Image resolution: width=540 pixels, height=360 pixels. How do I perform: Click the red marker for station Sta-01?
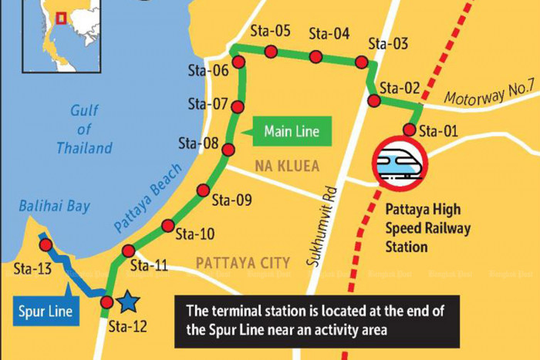point(410,129)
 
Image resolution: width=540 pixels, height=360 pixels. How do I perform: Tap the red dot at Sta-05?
point(271,51)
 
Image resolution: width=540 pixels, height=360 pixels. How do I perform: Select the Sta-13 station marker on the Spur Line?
point(46,245)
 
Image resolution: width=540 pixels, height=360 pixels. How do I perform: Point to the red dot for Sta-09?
point(203,190)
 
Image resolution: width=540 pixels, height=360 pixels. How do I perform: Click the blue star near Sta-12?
point(128,300)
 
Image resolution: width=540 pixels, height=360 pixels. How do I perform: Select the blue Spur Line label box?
point(46,311)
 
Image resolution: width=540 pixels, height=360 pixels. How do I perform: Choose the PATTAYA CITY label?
point(242,263)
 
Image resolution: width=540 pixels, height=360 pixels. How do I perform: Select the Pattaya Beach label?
point(149,197)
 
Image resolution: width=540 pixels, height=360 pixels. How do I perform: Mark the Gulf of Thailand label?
point(84,129)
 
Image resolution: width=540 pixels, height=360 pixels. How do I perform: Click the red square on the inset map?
point(60,16)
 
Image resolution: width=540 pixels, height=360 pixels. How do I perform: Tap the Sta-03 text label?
point(388,44)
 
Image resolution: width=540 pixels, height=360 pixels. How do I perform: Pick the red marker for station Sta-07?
point(238,107)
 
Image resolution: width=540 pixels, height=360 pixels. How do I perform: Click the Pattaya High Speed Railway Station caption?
point(427,227)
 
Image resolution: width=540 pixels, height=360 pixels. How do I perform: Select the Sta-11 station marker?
point(129,251)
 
